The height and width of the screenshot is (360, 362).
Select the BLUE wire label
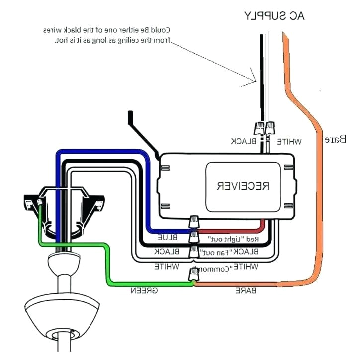pyautogui.click(x=167, y=237)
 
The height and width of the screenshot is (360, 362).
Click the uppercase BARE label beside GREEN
pyautogui.click(x=246, y=290)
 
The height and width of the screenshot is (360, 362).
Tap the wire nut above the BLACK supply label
pyautogui.click(x=260, y=129)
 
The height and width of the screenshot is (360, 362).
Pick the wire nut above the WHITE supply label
pyautogui.click(x=271, y=129)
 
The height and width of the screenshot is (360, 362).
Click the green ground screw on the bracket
pyautogui.click(x=39, y=202)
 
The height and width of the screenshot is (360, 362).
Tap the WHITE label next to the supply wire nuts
pyautogui.click(x=289, y=141)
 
